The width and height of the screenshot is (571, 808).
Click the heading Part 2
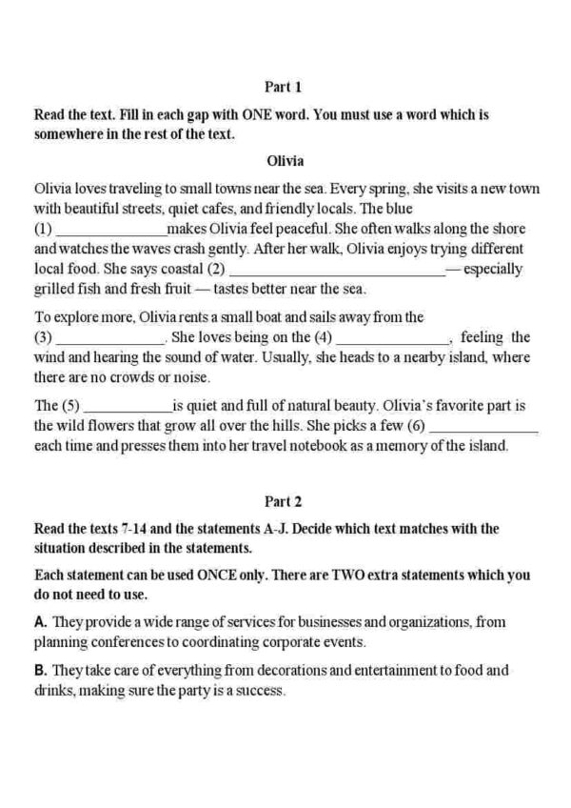point(285,498)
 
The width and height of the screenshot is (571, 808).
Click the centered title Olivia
point(285,160)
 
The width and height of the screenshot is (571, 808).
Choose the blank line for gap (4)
point(393,338)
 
